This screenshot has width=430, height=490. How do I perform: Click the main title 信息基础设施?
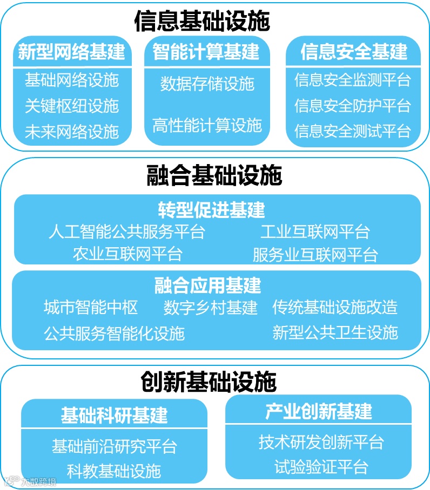202,22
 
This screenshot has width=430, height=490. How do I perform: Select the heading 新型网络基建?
71,52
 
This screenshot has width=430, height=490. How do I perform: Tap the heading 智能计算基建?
206,52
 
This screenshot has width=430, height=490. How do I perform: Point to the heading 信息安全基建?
354,52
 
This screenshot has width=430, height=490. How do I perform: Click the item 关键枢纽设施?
71,106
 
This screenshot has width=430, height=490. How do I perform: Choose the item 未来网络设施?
71,131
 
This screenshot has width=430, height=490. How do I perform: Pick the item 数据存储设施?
207,84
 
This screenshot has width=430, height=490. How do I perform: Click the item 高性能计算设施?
207,125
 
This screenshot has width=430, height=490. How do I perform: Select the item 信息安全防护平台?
353,106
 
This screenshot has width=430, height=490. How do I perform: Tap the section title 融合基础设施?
214,176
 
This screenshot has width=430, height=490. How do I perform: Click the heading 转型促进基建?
211,210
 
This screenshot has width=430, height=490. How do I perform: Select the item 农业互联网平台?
127,254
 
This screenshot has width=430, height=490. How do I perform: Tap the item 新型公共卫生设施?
335,332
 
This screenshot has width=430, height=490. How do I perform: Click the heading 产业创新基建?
319,411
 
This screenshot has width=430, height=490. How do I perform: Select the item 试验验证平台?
321,466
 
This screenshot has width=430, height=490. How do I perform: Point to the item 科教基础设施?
114,471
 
